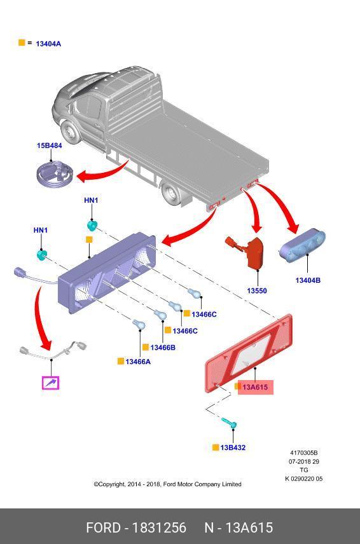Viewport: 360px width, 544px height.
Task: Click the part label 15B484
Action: pos(50,146)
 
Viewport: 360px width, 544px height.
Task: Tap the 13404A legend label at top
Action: pos(48,44)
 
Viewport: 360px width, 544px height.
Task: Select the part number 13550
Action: pos(257,290)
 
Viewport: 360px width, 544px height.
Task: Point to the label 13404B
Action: pos(308,280)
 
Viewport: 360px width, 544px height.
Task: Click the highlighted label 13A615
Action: pos(255,387)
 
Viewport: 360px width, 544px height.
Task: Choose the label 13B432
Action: pos(233,447)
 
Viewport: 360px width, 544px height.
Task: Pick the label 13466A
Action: pos(138,362)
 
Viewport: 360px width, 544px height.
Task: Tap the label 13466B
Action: pos(163,347)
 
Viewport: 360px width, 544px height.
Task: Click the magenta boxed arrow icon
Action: pos(51,383)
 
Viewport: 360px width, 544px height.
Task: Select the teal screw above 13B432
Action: pos(230,423)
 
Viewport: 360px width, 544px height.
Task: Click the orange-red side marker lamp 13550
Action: pos(251,252)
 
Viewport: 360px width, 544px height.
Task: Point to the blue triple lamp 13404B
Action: pos(302,245)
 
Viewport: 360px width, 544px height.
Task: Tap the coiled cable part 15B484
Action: pos(55,175)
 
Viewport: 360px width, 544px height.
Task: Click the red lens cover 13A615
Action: pos(249,353)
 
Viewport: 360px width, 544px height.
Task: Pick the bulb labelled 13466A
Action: pos(139,325)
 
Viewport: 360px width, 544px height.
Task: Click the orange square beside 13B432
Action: pos(216,447)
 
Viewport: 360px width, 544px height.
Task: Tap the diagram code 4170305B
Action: pos(304,452)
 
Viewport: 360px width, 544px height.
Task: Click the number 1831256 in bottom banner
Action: pos(160,527)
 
